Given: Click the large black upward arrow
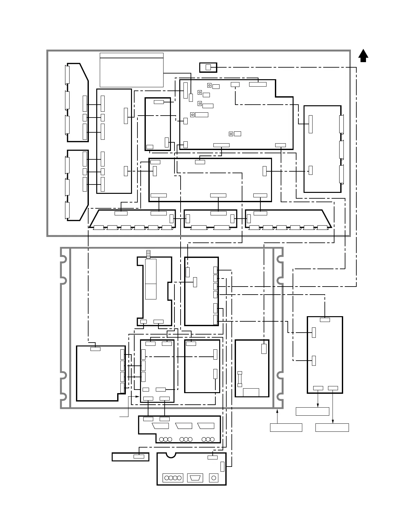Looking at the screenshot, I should coord(363,56).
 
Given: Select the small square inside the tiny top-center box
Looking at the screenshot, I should coord(208,67).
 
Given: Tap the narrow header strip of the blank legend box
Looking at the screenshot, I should coord(131,55).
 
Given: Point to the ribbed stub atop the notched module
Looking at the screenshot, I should coord(148,254).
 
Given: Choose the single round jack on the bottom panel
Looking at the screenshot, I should coord(213,478).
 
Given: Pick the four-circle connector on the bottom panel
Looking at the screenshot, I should coord(173,478).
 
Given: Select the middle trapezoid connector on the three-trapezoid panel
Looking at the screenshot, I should coord(183,426).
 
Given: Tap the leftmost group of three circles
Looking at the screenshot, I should coord(165,439).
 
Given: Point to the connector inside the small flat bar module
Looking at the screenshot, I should coord(139,456).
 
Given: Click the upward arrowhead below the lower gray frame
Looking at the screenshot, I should coord(277,411).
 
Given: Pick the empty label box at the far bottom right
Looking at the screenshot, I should coord(332,428).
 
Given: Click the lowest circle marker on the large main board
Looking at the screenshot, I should coord(231,134).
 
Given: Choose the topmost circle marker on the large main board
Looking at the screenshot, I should coord(209,85).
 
